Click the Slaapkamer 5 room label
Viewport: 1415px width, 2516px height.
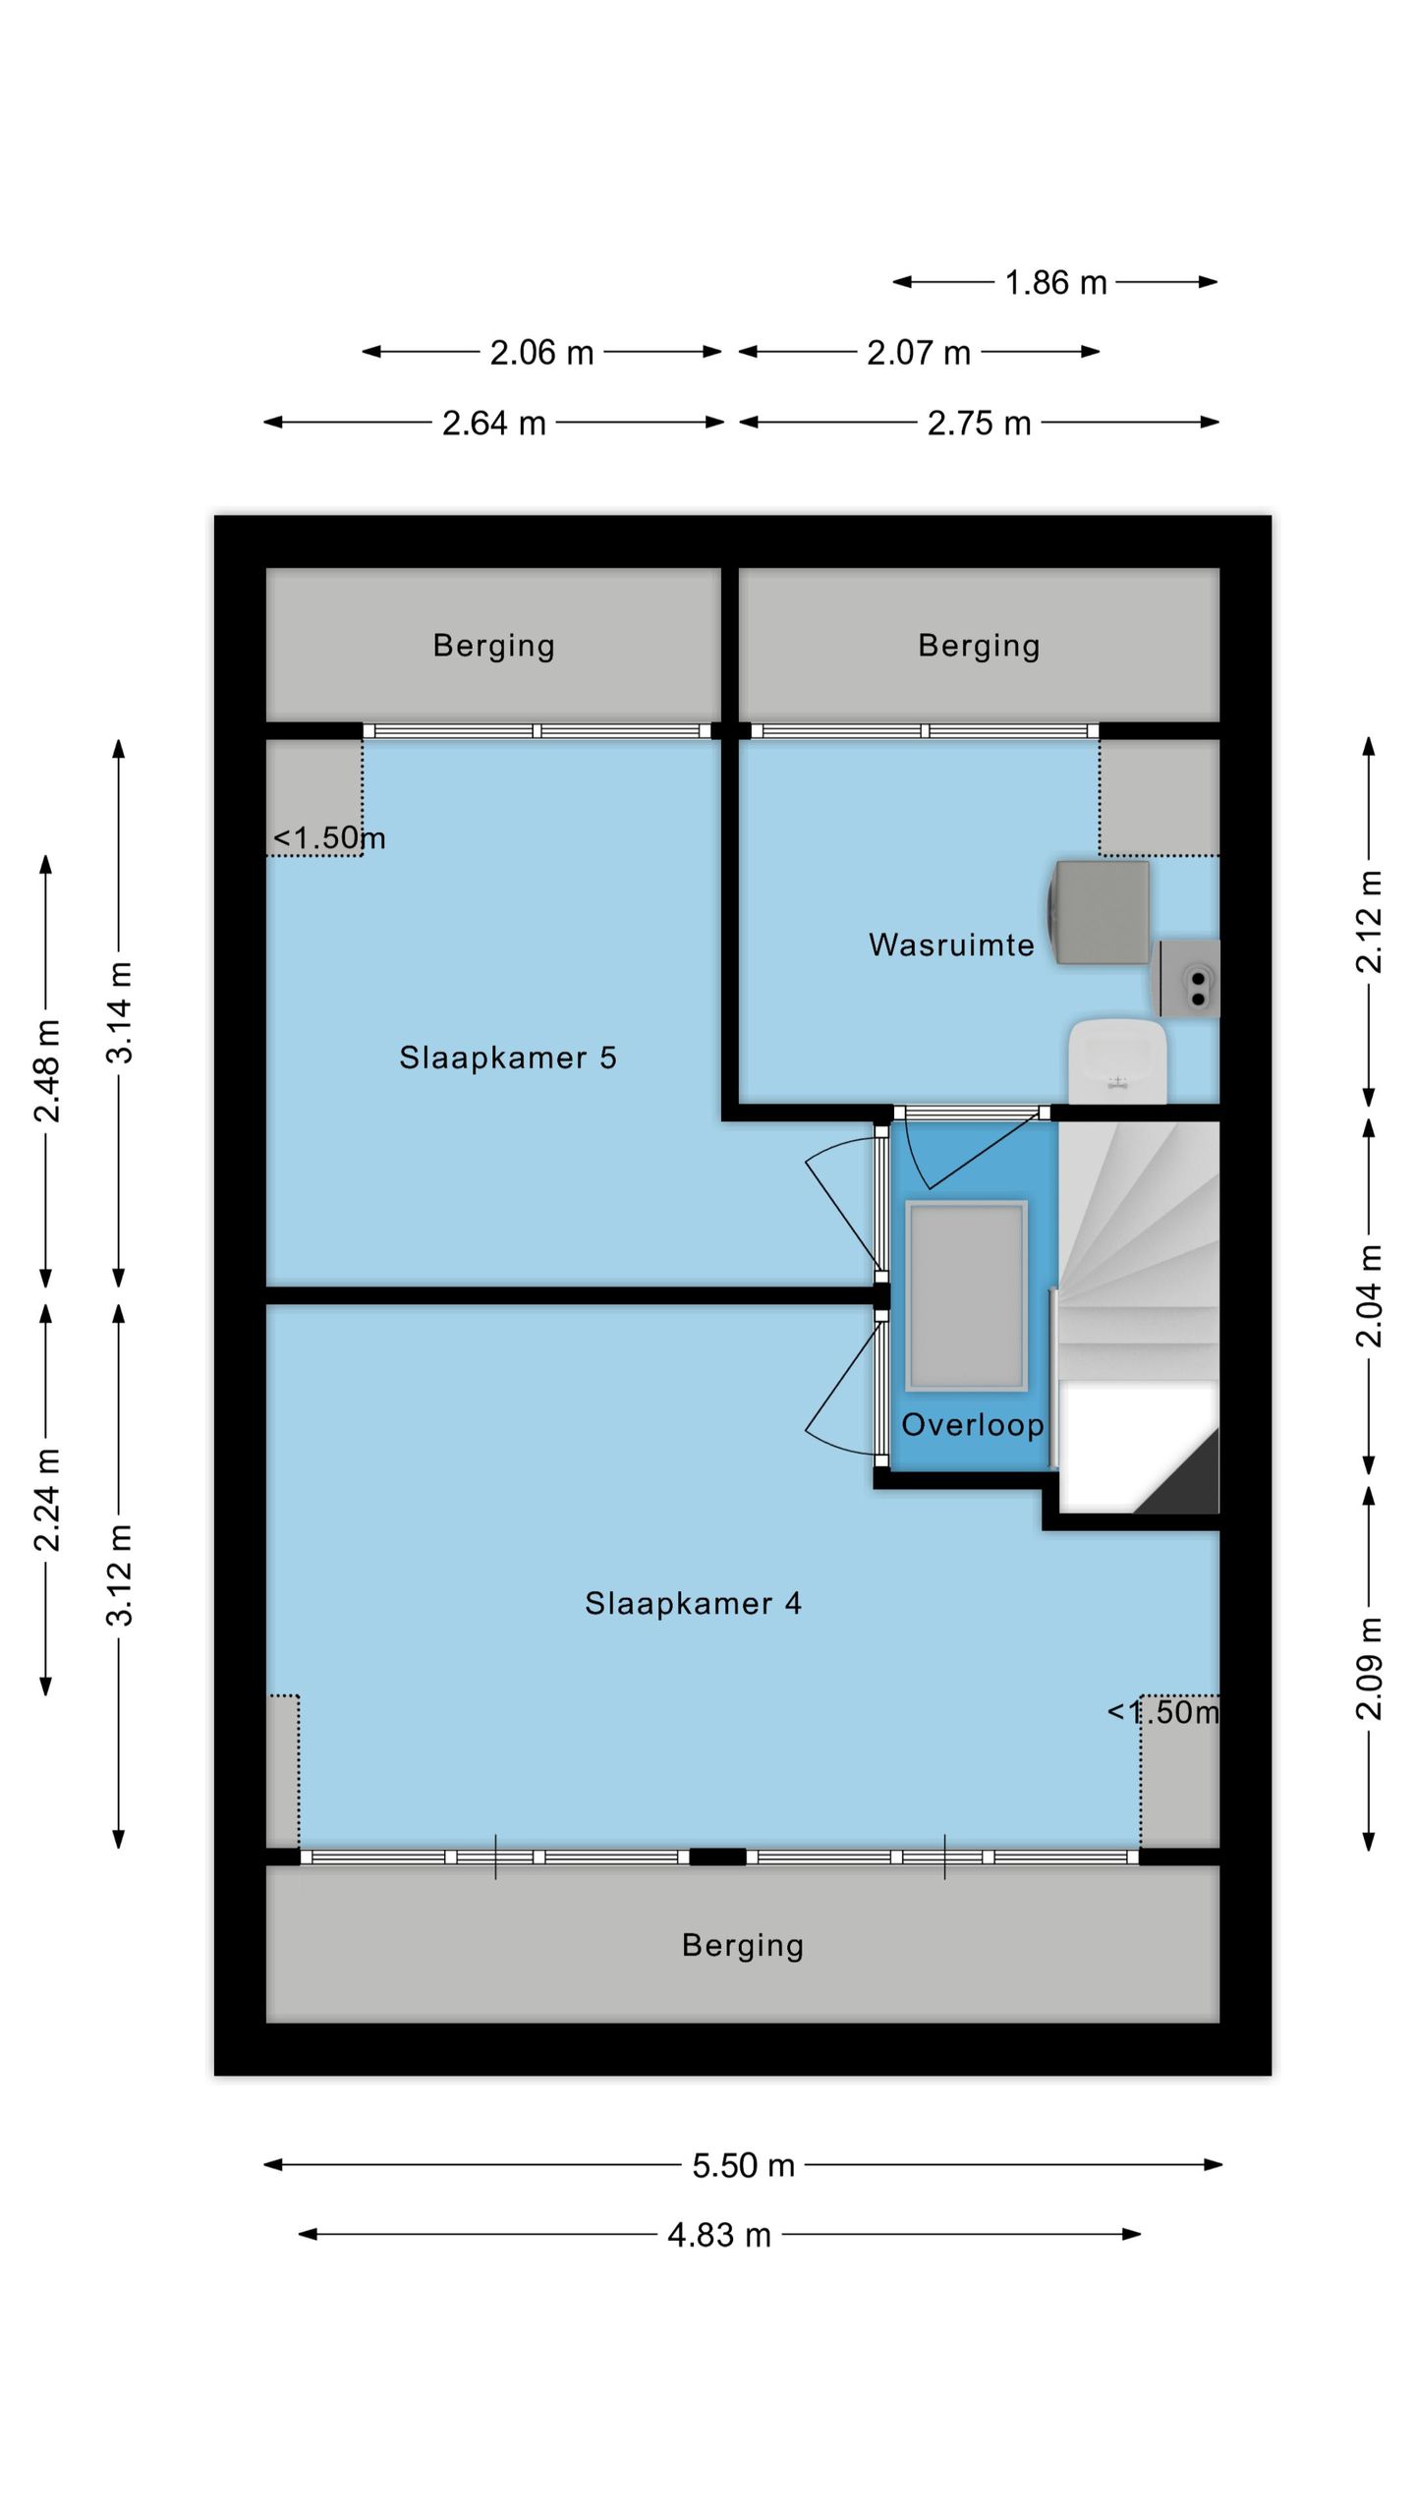click(x=508, y=1058)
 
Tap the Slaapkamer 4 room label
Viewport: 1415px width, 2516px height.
click(x=694, y=1604)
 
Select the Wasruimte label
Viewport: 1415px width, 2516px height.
click(x=951, y=944)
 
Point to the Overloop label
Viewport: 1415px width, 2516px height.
click(x=973, y=1424)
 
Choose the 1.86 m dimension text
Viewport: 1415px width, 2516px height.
click(x=1055, y=283)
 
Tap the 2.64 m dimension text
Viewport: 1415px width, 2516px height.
click(x=494, y=424)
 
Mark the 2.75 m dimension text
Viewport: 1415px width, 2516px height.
click(x=980, y=424)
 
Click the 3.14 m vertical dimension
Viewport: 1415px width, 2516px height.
click(x=119, y=1012)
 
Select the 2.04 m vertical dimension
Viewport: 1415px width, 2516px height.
click(x=1369, y=1295)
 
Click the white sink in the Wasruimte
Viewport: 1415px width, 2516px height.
click(x=1117, y=1060)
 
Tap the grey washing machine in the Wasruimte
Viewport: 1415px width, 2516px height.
click(x=1099, y=912)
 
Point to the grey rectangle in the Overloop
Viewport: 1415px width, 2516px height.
click(x=967, y=1295)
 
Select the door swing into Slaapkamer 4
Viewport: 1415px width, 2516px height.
click(x=841, y=1386)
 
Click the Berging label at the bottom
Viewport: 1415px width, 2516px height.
click(x=743, y=1945)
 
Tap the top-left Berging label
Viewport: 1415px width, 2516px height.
click(x=494, y=645)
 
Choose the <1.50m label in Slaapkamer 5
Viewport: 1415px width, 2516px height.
click(x=329, y=837)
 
